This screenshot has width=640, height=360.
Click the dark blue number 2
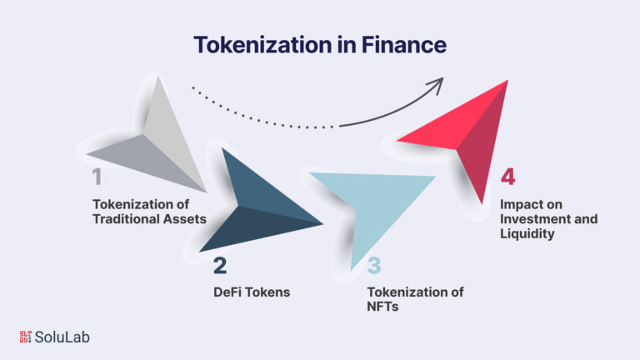coord(220,267)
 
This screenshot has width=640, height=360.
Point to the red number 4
coord(507,177)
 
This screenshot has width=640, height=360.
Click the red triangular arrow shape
coord(467,133)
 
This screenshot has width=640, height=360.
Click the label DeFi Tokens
coord(251,292)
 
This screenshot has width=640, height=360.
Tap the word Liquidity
coord(526,235)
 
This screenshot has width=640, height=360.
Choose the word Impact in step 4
coord(519,205)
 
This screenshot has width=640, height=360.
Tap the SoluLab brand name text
coord(62,337)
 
